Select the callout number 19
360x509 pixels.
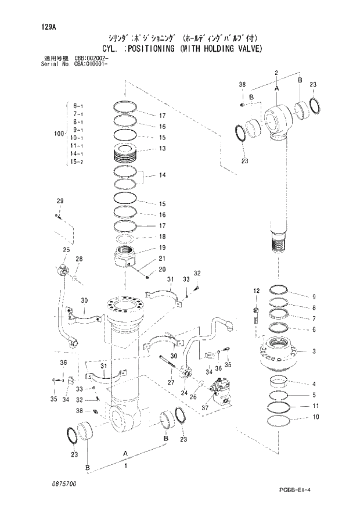click(163, 248)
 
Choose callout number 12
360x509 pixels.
click(256, 290)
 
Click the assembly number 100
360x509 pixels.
click(57, 134)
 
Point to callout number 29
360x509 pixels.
click(59, 201)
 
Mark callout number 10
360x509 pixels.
click(316, 417)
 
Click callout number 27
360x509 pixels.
click(171, 382)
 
